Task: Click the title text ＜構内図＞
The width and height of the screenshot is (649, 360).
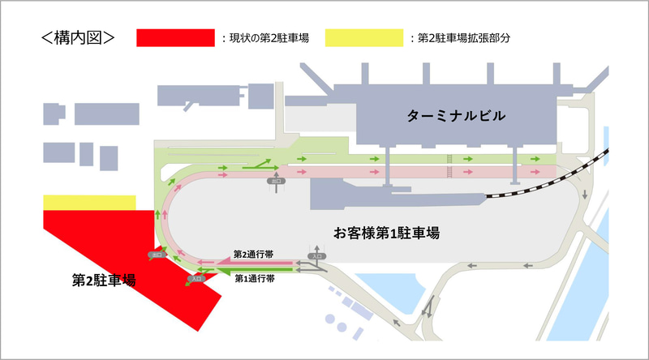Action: coord(77,37)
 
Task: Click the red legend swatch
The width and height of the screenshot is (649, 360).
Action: coord(175,37)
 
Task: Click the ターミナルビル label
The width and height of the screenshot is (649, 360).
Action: coord(457,118)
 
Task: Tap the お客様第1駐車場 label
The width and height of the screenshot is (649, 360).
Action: coord(387,233)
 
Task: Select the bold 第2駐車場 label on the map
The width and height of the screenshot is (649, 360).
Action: coord(103,281)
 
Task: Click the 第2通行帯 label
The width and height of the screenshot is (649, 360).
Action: coord(252,254)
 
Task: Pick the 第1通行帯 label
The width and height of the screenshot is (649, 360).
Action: coord(254,278)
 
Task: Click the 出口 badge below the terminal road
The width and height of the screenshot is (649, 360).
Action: coord(277,182)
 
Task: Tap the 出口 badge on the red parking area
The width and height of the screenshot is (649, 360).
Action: coord(157,255)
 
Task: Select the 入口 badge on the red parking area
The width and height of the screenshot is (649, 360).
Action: coord(196,278)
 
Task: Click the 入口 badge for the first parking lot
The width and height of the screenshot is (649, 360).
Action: coord(317,256)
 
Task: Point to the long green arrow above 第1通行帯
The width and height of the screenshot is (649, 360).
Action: coord(243,268)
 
